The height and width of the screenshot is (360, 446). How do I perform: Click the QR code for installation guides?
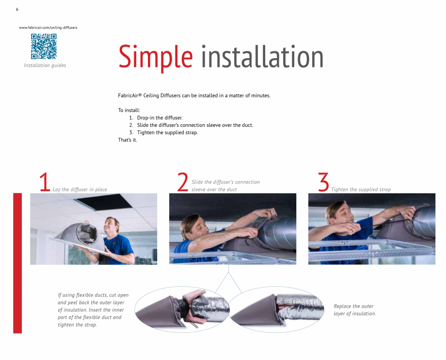coord(44,47)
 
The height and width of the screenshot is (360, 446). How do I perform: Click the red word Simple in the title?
coord(155,57)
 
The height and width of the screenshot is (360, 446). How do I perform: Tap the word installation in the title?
coord(262,57)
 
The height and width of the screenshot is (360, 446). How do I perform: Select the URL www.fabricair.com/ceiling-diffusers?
coord(48,28)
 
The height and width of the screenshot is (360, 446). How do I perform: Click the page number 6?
coord(17,10)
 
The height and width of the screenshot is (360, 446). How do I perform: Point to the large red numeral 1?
coord(45,183)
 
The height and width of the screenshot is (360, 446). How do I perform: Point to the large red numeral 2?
coord(182,183)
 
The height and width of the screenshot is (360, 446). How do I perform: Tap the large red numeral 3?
coord(323,183)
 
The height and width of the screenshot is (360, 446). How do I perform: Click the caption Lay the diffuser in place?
coord(80,189)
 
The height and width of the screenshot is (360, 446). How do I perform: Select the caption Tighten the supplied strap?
coord(361,189)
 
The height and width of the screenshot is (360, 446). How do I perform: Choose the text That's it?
coord(127,140)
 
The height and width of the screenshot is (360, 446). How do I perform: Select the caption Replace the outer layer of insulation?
coord(354,310)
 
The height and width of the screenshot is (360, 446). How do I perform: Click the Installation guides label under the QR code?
coord(45,65)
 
